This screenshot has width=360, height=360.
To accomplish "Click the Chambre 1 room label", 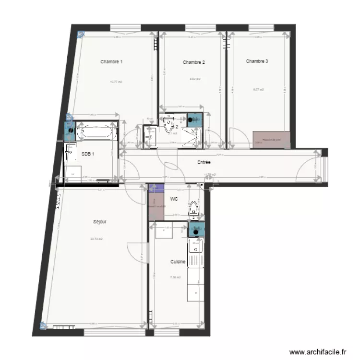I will coord(111,62).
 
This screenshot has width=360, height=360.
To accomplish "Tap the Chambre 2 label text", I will coord(194,62).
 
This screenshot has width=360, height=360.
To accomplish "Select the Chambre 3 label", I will coord(257,61).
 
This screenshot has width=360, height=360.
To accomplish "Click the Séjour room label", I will coord(100,222).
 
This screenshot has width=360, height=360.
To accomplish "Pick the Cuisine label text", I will coord(178,262).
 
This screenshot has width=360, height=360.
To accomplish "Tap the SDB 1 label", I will coord(88,154).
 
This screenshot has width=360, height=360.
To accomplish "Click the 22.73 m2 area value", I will coord(96,239).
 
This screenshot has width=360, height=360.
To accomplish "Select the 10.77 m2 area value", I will coord(116,82).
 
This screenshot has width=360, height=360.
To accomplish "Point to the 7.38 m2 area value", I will coord(175,277).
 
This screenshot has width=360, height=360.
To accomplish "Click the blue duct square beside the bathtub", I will coord(70,130).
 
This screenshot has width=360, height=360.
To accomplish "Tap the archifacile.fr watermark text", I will coord(318,352).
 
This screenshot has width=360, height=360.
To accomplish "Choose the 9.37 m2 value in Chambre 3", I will coord(259,90).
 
